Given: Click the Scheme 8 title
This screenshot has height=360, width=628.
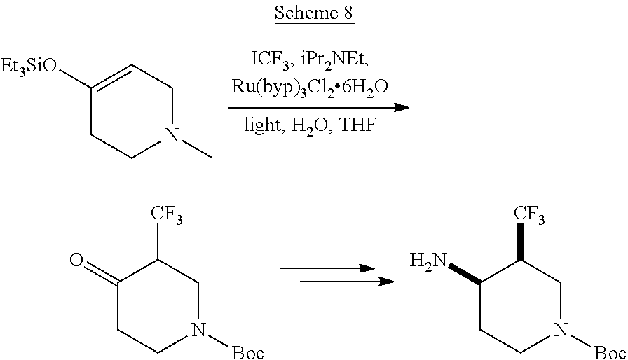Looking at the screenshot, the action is [x=314, y=13].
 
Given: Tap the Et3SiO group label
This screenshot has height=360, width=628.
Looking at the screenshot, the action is [x=29, y=66].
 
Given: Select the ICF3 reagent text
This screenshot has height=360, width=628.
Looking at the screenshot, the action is [x=270, y=60].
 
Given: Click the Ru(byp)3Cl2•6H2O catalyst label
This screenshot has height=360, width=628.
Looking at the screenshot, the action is [x=310, y=88].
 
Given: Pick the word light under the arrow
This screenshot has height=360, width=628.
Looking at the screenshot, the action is [x=262, y=125].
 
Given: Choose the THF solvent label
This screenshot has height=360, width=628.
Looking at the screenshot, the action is [x=358, y=125].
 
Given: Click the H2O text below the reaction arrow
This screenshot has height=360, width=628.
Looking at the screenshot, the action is [x=311, y=126].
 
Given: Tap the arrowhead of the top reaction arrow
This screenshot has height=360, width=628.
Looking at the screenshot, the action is [x=402, y=108].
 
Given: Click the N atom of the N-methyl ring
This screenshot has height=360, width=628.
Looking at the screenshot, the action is [x=172, y=135].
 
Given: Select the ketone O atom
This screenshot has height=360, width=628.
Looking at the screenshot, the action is [x=76, y=260].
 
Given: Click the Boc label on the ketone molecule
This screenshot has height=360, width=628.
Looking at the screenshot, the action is [x=248, y=353].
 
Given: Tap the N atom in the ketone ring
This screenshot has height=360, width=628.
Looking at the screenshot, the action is [x=199, y=330].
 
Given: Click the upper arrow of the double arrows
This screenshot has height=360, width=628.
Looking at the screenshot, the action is [x=327, y=268].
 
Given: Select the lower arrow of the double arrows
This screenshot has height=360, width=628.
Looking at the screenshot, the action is [x=347, y=282].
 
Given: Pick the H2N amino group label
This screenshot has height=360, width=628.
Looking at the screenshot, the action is [x=428, y=262].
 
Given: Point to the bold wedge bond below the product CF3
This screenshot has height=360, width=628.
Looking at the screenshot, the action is [x=521, y=242].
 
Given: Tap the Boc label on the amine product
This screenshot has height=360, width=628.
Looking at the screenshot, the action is [x=610, y=353].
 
